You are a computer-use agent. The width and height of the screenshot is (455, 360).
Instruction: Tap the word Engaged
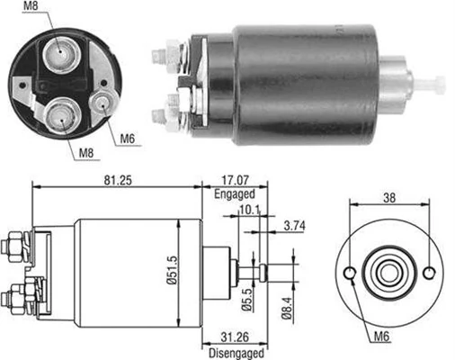tap(235, 193)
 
